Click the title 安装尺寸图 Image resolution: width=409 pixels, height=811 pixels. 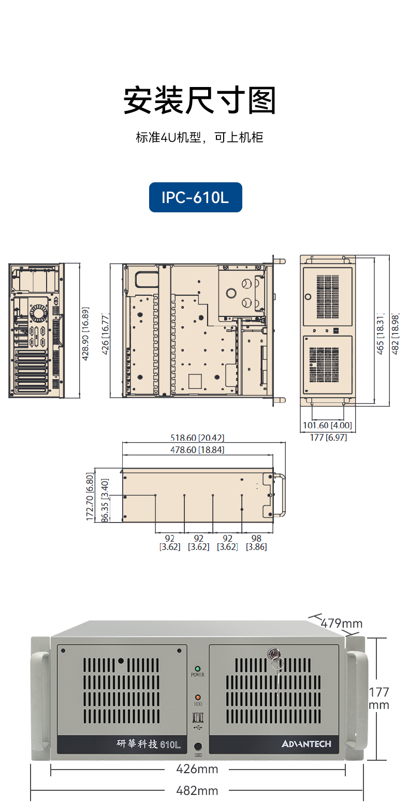(200, 100)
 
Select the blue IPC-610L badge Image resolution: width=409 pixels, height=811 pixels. (195, 197)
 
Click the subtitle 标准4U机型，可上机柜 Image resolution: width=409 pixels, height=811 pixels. (200, 138)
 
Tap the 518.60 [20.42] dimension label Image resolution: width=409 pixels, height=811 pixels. (197, 438)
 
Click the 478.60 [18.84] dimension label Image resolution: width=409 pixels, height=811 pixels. (197, 450)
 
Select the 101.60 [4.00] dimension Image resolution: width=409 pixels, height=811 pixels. (327, 426)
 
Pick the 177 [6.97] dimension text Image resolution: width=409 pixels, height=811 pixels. (328, 438)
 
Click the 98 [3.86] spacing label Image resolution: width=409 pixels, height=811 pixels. (256, 542)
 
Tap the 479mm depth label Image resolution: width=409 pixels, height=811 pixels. (342, 623)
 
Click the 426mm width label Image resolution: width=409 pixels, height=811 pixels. (197, 769)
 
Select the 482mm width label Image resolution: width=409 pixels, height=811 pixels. (197, 791)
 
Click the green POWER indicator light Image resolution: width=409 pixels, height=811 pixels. (197, 669)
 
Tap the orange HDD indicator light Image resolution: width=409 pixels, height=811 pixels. (197, 698)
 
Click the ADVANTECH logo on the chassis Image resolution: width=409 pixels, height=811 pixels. (306, 744)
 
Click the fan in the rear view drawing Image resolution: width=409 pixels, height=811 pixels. (38, 313)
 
